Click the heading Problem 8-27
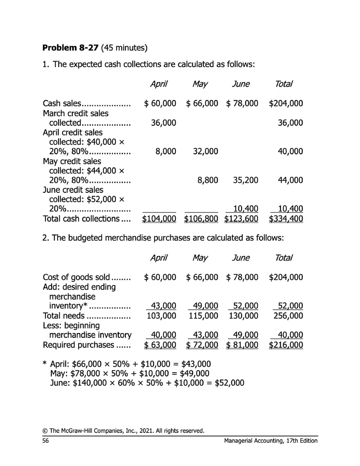pos(70,48)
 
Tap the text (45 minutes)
pos(124,48)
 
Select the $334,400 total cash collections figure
pos(286,219)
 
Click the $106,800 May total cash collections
pos(201,219)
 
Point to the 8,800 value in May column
pos(208,180)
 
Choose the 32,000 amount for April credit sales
pos(205,151)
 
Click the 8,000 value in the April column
pos(166,151)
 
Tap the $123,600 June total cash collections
pos(241,219)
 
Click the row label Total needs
pos(63,316)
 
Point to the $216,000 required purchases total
pos(286,345)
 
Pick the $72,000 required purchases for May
pos(202,345)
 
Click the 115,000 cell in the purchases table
pos(203,316)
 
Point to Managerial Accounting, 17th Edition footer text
pos(271,441)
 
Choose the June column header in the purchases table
pos(241,258)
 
